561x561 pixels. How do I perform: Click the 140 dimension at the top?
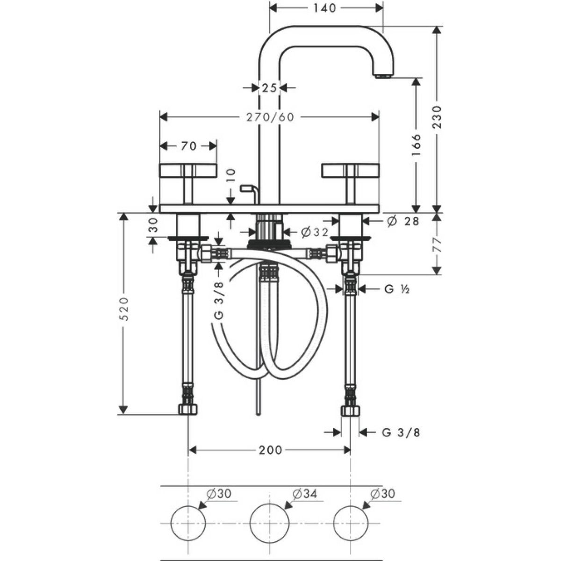324,8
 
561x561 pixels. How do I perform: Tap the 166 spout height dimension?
417,144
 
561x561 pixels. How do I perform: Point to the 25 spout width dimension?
269,87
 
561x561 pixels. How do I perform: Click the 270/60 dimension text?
271,117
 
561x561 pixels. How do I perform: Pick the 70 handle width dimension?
189,146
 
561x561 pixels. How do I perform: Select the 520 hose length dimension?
124,309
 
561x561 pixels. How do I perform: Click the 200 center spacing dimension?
271,450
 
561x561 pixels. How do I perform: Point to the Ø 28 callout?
403,221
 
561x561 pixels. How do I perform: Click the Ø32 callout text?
315,232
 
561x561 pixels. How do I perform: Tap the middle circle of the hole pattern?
270,523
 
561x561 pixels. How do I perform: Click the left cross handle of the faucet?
188,183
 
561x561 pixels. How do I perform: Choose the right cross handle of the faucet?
351,183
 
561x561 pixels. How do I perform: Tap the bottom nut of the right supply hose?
350,410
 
